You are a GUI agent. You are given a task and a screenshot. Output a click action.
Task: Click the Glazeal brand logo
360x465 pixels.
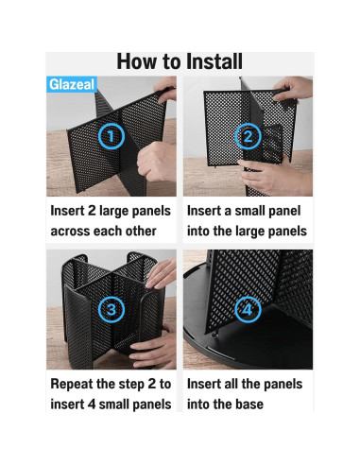point(72,84)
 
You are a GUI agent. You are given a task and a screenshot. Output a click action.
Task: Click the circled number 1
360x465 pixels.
point(111,136)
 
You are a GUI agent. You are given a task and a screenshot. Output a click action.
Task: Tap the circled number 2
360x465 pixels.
point(248,136)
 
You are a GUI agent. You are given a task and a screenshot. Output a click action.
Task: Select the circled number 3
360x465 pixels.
point(111,309)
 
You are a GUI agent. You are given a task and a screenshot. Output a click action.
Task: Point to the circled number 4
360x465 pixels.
point(248,309)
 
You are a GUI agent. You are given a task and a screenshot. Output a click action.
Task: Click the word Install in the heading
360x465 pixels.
point(214,61)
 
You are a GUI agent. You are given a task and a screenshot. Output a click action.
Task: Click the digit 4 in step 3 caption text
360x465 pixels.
point(91,405)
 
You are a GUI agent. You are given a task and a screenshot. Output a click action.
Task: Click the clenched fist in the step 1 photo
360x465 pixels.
point(154,161)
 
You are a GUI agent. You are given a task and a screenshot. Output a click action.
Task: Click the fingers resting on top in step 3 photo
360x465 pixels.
point(161,273)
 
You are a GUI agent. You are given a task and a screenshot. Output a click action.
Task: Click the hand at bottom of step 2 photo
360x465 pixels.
point(274,177)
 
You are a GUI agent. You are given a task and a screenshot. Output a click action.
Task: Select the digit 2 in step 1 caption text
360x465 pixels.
point(92,211)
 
